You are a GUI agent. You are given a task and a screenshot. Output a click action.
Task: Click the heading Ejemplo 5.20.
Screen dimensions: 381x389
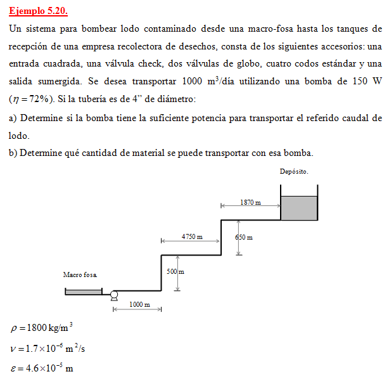pyautogui.click(x=38, y=11)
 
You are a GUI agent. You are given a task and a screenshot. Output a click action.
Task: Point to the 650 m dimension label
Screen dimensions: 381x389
pyautogui.click(x=245, y=238)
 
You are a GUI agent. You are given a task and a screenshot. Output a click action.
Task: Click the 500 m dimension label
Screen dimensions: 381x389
pyautogui.click(x=175, y=271)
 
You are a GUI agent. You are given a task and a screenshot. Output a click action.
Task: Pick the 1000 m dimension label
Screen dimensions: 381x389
pyautogui.click(x=139, y=304)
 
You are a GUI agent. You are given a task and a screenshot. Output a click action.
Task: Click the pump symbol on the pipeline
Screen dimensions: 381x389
pyautogui.click(x=114, y=295)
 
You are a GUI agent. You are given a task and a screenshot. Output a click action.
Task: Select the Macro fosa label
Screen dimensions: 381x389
pyautogui.click(x=80, y=275)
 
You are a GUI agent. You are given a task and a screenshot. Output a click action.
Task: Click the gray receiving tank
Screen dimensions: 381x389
pyautogui.click(x=298, y=209)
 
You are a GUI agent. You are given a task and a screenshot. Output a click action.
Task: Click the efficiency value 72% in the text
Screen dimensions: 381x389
pyautogui.click(x=39, y=100)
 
